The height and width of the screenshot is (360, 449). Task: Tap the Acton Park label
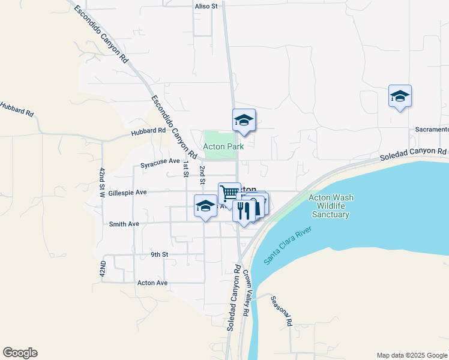click(x=223, y=146)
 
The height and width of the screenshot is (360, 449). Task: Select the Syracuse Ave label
click(x=160, y=161)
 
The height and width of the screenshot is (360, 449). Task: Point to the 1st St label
click(x=186, y=169)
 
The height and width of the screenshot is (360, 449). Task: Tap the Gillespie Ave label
click(x=128, y=193)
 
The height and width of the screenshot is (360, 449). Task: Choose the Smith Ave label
click(x=124, y=224)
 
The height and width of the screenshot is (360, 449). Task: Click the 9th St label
click(x=160, y=254)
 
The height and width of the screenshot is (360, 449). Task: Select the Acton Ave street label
click(x=152, y=283)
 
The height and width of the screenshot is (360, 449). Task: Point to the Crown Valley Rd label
click(x=246, y=293)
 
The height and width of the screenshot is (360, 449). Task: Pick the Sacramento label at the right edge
click(x=432, y=130)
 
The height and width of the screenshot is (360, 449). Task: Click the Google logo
click(x=20, y=353)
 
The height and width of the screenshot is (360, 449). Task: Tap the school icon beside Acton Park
click(x=244, y=120)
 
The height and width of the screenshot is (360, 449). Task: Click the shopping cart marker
click(x=229, y=193)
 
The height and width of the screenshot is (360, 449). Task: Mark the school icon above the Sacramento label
click(x=400, y=96)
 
